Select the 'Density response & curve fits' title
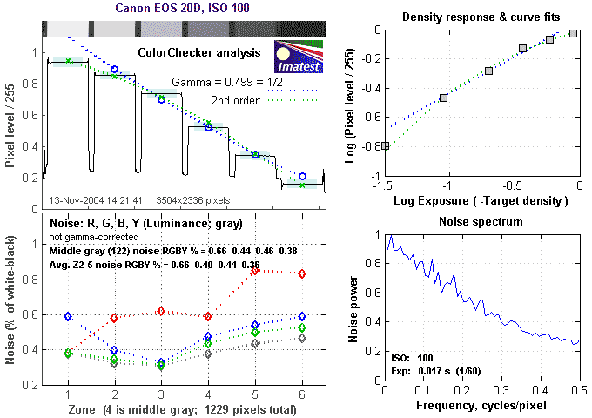[x=481, y=17]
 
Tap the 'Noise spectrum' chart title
[x=481, y=221]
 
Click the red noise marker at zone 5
[x=255, y=271]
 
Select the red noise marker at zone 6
[x=302, y=273]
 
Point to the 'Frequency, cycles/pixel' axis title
[x=481, y=406]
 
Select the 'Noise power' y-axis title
[x=353, y=309]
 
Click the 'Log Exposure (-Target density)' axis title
[x=481, y=201]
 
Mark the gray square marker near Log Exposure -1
[x=444, y=98]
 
